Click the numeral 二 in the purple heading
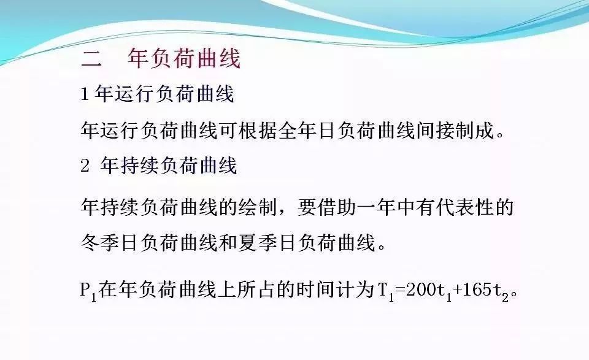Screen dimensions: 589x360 91,59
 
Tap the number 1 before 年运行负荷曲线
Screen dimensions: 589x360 85,94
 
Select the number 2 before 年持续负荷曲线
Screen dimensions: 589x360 85,166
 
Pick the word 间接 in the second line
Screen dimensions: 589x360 434,130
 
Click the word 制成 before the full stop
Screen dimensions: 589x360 474,130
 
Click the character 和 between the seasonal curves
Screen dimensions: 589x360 228,242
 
